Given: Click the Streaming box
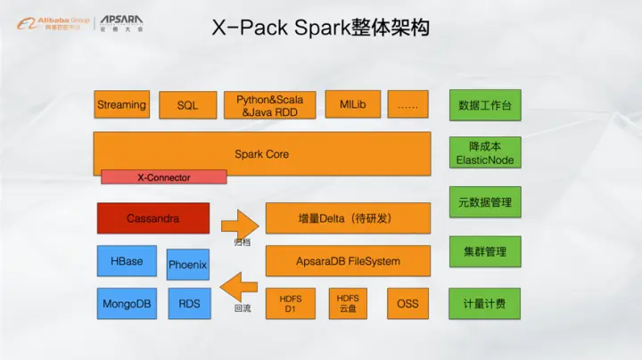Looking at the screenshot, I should (122, 105).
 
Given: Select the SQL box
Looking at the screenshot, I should (187, 105).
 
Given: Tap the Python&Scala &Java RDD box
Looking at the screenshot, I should (270, 105).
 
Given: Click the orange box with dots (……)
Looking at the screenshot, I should (407, 105).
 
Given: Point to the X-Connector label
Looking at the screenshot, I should (163, 177).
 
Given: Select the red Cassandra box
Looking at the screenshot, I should (153, 218).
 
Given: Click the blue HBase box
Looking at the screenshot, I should (127, 262).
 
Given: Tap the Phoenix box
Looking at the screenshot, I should (188, 265).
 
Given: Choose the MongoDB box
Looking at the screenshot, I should (127, 304).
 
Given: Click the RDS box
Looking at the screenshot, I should (189, 304).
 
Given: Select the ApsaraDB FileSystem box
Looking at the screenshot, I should (348, 261).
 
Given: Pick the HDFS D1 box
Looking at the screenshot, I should (289, 304).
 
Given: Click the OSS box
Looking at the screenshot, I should (407, 304).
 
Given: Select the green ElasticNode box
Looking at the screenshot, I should (485, 153).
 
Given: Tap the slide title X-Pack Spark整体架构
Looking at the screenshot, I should (321, 29).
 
